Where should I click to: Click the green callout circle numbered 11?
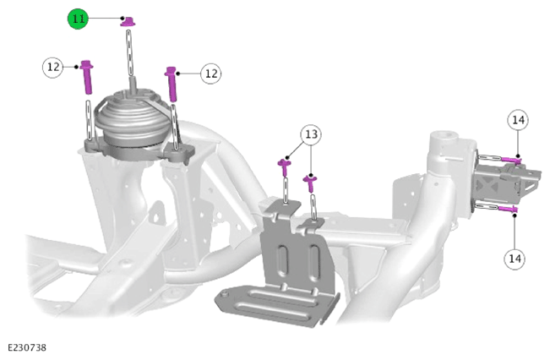pyautogui.click(x=78, y=19)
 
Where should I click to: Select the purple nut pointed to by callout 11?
pyautogui.click(x=128, y=21)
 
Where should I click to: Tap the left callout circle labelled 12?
pyautogui.click(x=53, y=67)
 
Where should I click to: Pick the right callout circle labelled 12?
pyautogui.click(x=211, y=74)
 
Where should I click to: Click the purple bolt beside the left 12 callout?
pyautogui.click(x=87, y=77)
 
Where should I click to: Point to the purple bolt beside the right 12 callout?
pyautogui.click(x=172, y=84)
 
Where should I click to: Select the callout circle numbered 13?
pyautogui.click(x=311, y=134)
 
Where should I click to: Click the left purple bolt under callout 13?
pyautogui.click(x=285, y=167)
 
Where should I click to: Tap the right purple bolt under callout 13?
pyautogui.click(x=310, y=183)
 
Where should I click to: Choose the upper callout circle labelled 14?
pyautogui.click(x=518, y=120)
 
